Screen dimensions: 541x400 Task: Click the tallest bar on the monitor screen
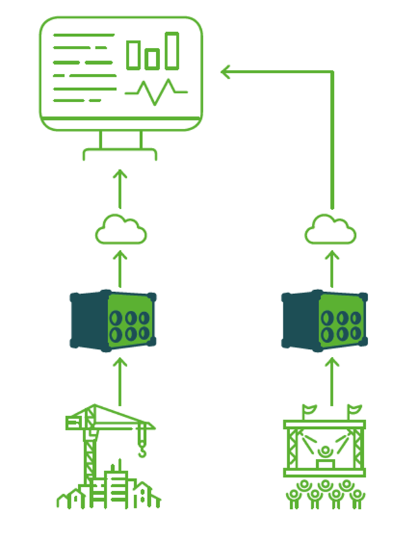click(173, 50)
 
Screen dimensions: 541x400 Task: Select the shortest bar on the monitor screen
click(153, 58)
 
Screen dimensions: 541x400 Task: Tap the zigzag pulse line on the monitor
click(156, 91)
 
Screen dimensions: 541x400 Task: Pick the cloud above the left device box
click(121, 230)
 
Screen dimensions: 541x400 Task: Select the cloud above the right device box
click(331, 230)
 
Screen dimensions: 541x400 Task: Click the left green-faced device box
click(113, 319)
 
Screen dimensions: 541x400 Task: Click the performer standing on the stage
click(325, 454)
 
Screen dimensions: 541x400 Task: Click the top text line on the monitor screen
click(83, 35)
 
